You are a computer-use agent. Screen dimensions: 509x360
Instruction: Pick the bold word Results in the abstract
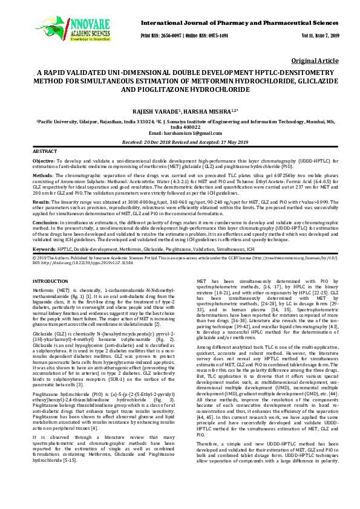[41, 201]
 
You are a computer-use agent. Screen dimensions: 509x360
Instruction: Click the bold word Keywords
[44, 249]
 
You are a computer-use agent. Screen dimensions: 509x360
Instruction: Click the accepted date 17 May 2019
[227, 142]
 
